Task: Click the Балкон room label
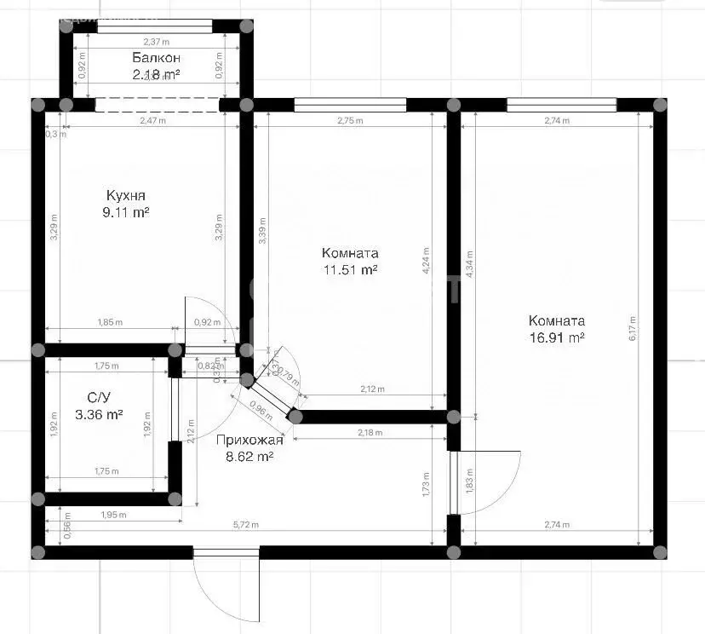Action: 156,58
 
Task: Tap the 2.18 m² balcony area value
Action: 156,74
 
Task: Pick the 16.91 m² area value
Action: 556,337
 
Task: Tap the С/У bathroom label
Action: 98,397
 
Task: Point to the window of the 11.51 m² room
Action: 349,105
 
